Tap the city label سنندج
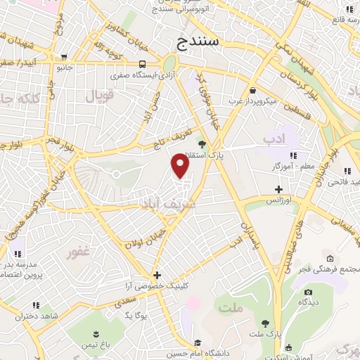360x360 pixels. click(x=199, y=42)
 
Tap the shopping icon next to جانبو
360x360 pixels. click(x=65, y=57)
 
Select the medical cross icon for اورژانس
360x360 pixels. click(x=279, y=189)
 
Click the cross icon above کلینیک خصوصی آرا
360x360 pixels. click(x=157, y=275)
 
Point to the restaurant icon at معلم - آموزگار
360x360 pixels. click(x=293, y=155)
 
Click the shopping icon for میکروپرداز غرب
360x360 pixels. click(x=252, y=89)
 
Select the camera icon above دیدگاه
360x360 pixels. click(x=307, y=292)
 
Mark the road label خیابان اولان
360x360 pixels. click(x=144, y=237)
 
